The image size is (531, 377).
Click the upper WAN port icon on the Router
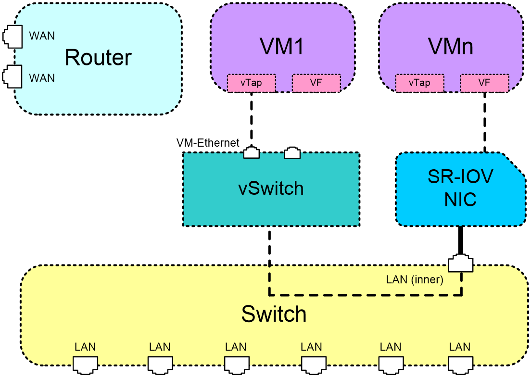pos(13,37)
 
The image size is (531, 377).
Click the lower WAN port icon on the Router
pos(13,76)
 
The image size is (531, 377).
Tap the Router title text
pos(98,58)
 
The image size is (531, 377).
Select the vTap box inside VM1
pos(251,83)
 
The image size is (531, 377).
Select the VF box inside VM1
pos(316,83)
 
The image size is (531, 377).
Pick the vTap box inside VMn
pos(419,83)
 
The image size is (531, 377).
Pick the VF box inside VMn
pos(484,83)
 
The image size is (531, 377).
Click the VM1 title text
pos(282,46)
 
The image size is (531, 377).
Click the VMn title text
pos(451,46)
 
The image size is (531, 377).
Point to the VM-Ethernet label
pos(208,143)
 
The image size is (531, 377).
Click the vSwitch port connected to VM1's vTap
pos(252,152)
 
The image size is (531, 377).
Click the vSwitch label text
pos(271,188)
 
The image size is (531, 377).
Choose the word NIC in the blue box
pos(460,200)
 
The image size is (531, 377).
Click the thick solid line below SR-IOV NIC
pos(460,240)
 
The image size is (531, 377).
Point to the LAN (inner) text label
pos(415,280)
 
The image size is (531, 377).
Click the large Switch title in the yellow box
pos(274,314)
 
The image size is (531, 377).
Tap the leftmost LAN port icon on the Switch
pos(85,365)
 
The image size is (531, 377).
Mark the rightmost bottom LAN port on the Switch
pos(461,365)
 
